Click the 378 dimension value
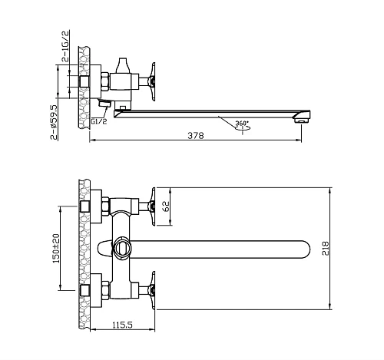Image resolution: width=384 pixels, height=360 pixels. [x=196, y=135]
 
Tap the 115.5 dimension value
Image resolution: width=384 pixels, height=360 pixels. [x=122, y=325]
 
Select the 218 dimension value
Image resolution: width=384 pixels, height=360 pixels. [x=326, y=248]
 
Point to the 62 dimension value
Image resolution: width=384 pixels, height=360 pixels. [x=166, y=206]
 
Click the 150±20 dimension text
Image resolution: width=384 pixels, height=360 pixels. [x=56, y=248]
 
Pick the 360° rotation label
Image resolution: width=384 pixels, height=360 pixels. [x=242, y=123]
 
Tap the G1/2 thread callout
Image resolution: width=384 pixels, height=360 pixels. [x=99, y=121]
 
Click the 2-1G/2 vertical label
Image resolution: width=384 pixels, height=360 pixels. [x=65, y=46]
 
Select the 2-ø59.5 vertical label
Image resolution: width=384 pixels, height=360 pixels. [x=54, y=122]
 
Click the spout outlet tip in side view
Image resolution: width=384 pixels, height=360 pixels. [x=301, y=120]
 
